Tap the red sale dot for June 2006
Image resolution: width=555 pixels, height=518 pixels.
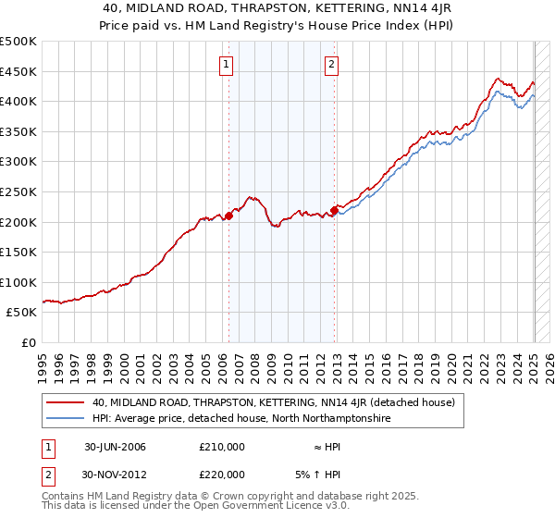click(228, 216)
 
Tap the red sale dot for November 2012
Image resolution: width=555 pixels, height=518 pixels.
click(334, 210)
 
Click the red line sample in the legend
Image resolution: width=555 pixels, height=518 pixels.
click(66, 403)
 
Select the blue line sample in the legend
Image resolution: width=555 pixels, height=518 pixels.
click(66, 419)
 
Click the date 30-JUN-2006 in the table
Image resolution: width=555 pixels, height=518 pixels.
click(116, 447)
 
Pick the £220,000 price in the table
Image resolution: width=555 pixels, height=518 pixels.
click(222, 474)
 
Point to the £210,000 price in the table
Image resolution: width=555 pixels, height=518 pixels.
click(222, 447)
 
